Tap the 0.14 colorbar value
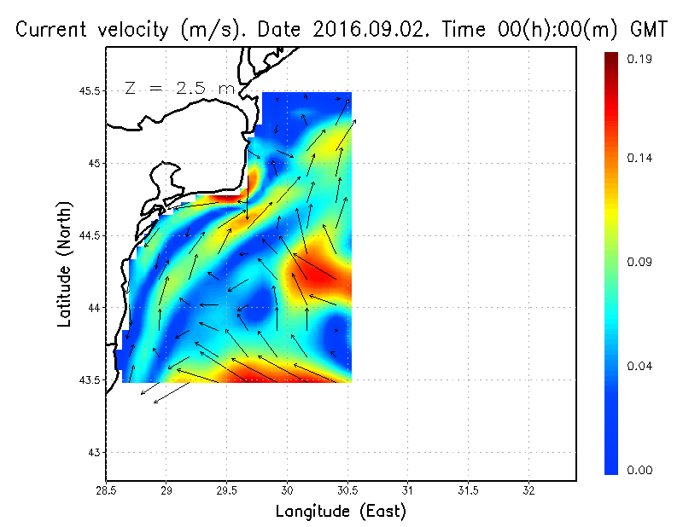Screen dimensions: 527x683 640,159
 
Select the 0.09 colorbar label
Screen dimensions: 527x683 640,263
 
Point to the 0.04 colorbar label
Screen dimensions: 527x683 640,367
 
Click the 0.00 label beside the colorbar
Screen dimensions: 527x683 640,470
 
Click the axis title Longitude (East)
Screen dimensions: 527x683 341,512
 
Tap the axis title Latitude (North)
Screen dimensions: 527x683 65,263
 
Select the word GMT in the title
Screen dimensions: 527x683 646,30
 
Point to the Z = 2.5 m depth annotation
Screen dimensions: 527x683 179,88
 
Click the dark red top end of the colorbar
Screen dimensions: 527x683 611,58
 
